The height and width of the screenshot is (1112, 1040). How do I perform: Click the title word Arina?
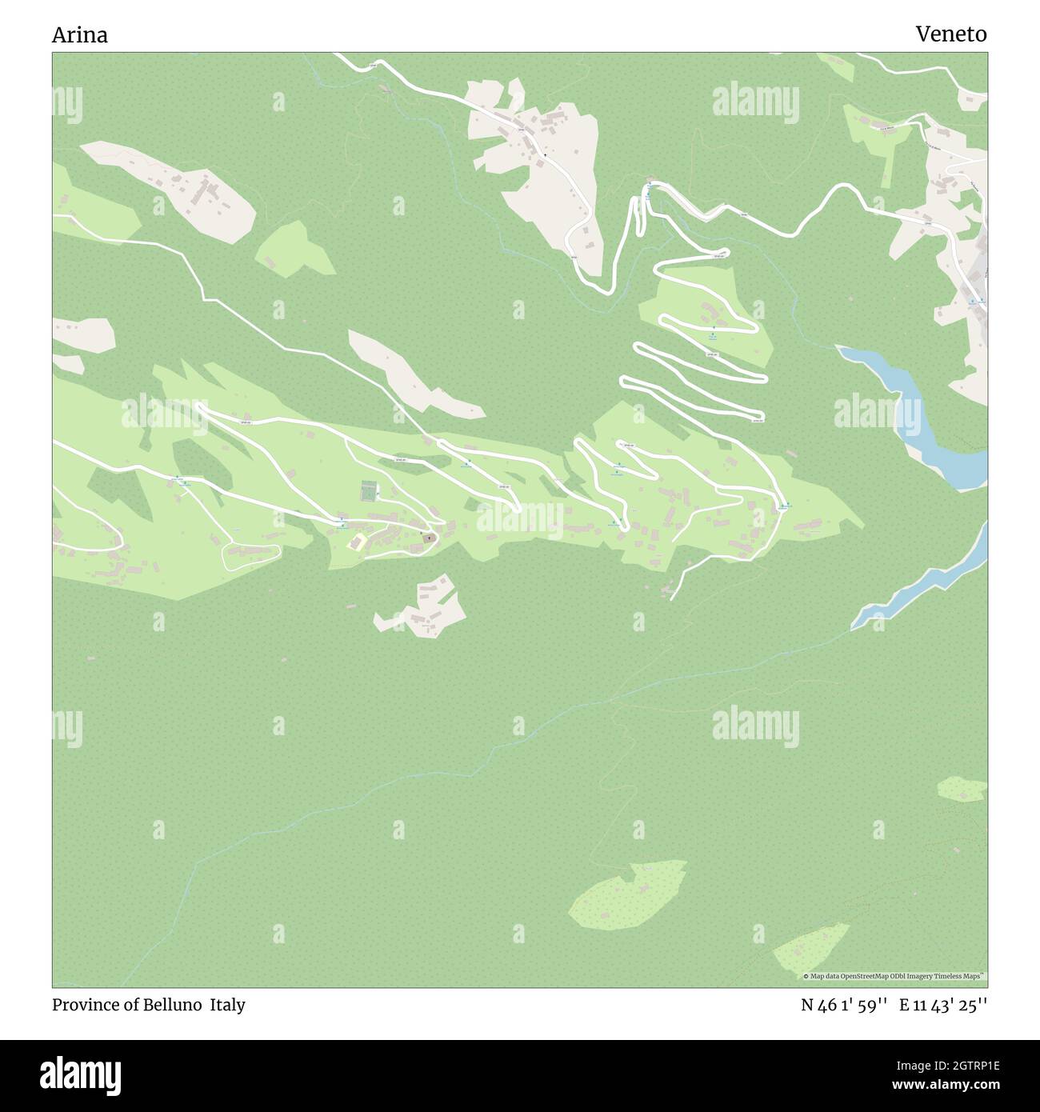80,34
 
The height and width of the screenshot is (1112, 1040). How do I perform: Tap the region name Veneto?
950,34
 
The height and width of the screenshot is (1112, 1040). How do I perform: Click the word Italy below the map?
228,1005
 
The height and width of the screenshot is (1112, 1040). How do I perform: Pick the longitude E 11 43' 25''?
943,1005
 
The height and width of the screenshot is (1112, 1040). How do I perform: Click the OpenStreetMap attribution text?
894,976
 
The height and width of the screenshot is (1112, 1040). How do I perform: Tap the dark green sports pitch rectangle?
369,490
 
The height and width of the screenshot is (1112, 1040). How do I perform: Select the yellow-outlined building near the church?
357,542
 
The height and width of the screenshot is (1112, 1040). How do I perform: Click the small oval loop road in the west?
250,554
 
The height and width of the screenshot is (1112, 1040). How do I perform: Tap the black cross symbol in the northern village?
546,154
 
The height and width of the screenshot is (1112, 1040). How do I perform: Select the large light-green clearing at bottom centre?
628,892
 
